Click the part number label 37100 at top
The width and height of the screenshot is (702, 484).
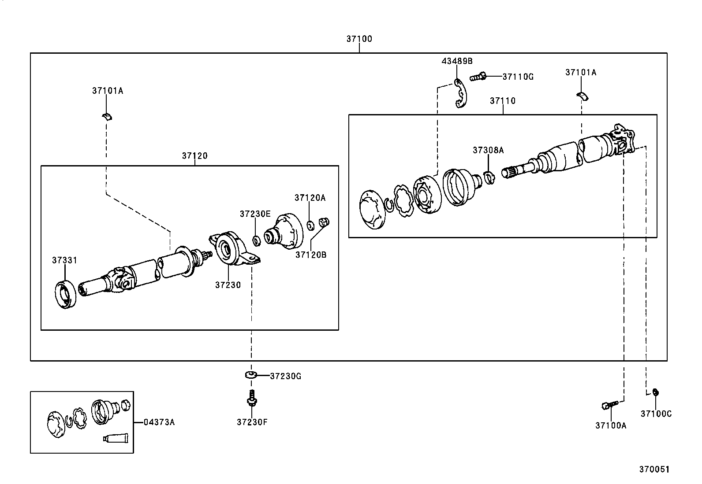[359, 39]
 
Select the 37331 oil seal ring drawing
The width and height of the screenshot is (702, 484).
[66, 293]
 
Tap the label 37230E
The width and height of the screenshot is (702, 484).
[255, 214]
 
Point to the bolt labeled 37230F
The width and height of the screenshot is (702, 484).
[252, 399]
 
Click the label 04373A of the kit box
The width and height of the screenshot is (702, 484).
[159, 422]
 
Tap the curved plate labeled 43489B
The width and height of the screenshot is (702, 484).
[460, 93]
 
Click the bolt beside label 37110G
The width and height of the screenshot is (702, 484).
[478, 77]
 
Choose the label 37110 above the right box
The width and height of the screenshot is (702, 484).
[503, 101]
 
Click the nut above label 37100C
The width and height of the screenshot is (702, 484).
[655, 392]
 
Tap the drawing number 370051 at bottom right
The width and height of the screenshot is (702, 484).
[654, 469]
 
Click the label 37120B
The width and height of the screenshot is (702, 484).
[310, 255]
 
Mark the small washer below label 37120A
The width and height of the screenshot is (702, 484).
[310, 225]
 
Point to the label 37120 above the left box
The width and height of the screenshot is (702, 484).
[194, 156]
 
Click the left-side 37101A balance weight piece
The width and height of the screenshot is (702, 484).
[106, 116]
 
